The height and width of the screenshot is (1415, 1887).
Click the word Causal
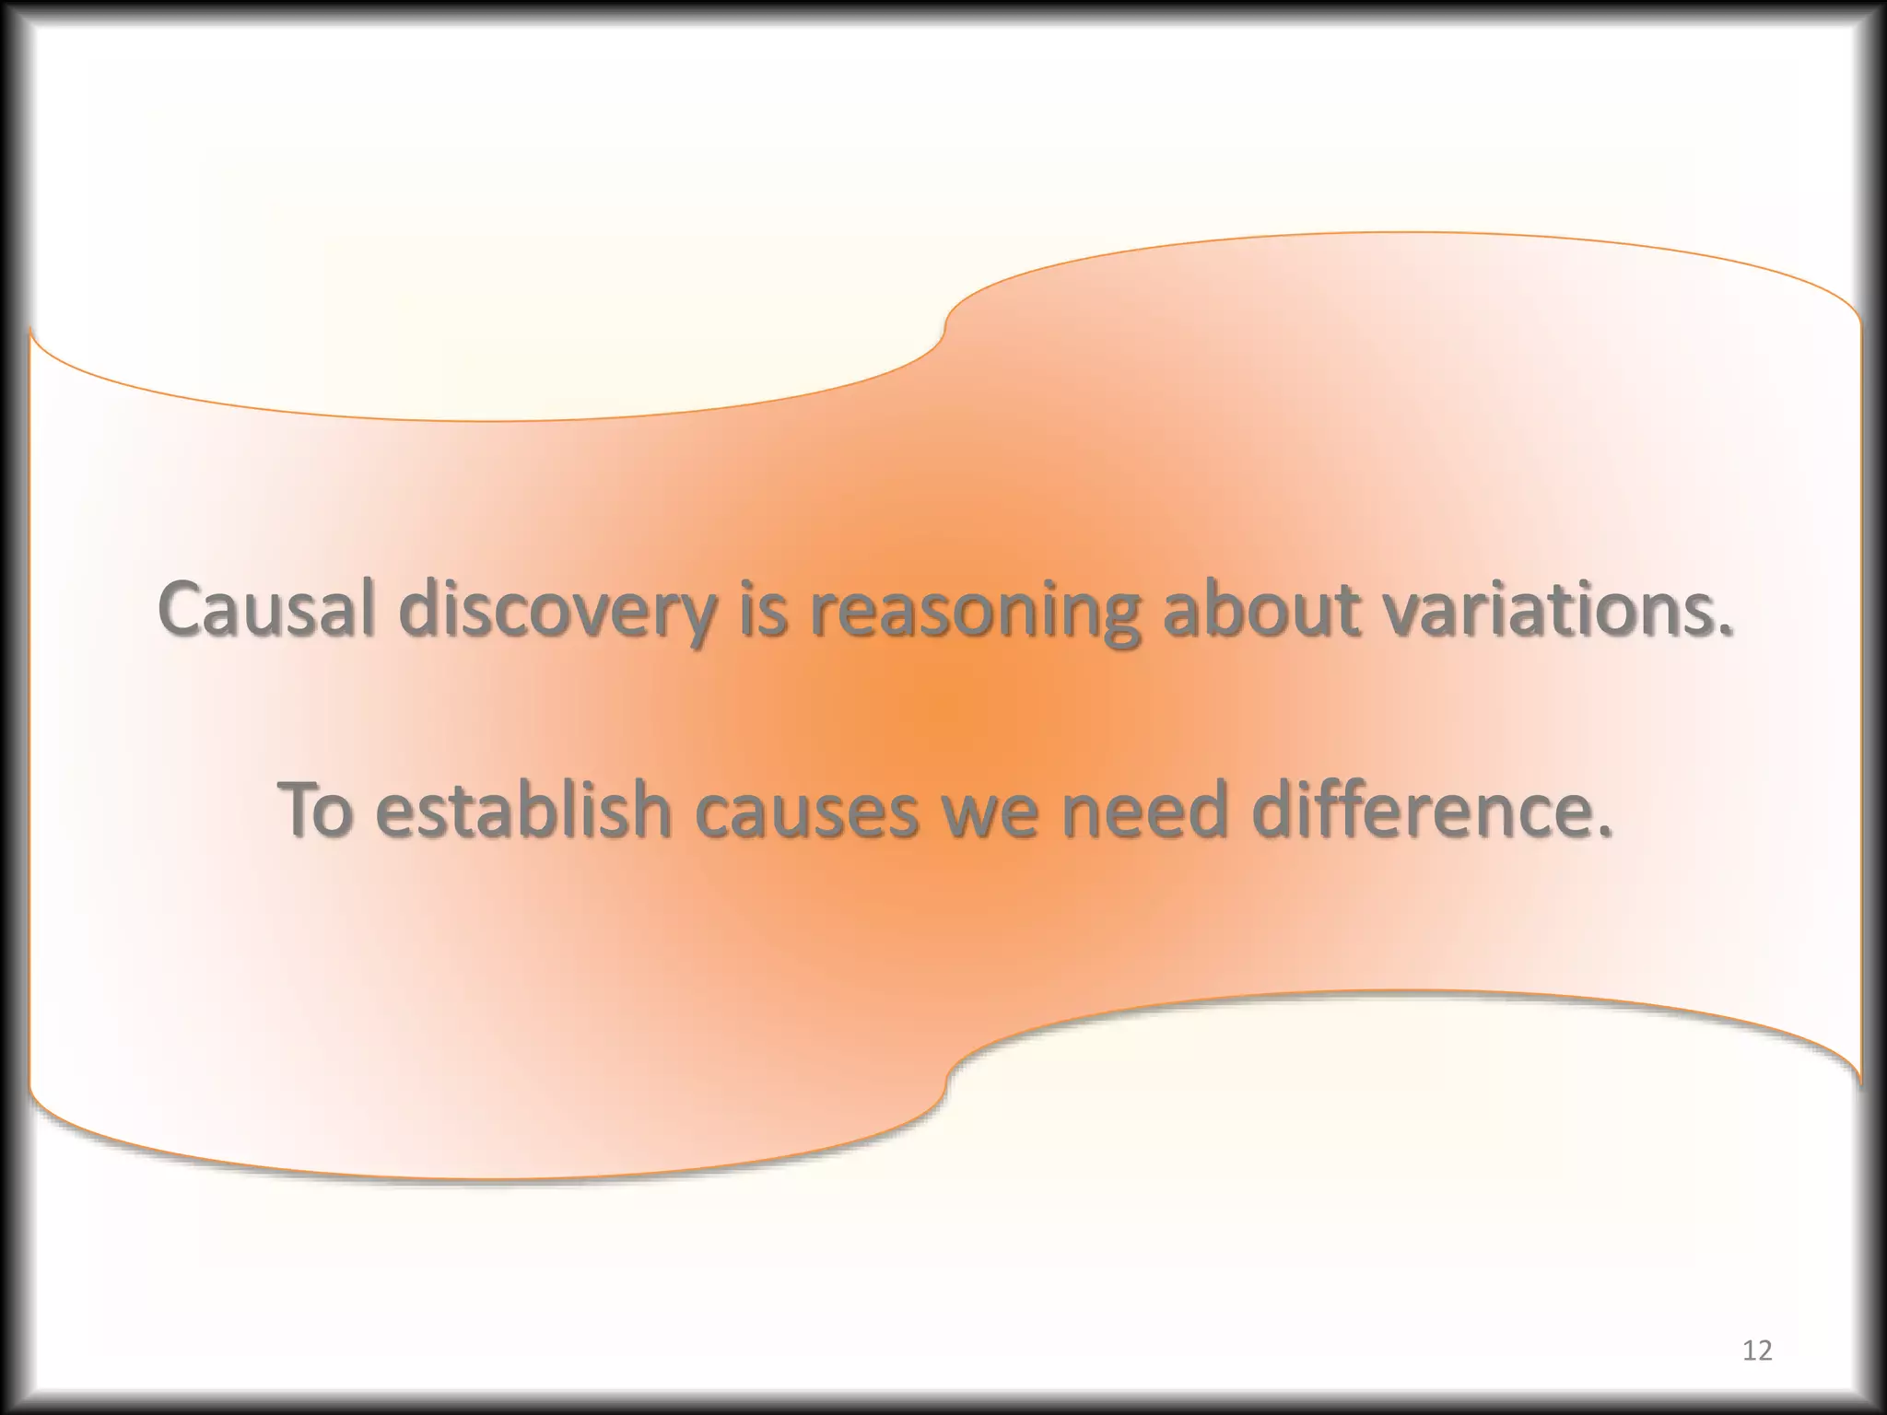coord(265,609)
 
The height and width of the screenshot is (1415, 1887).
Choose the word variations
coord(1548,609)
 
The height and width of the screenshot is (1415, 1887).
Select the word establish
coord(523,810)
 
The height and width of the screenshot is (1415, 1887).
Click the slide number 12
coord(1757,1351)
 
